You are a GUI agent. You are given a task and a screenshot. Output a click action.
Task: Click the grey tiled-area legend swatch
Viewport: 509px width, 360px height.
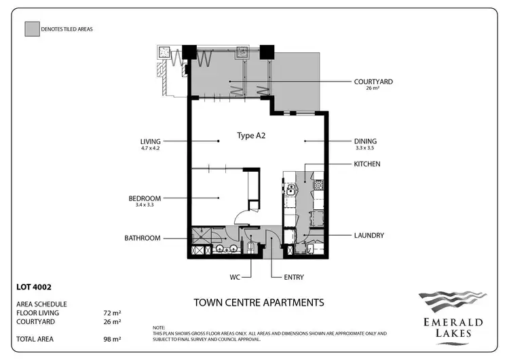pyautogui.click(x=31, y=29)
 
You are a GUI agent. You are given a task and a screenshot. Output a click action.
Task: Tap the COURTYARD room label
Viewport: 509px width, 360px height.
pyautogui.click(x=373, y=82)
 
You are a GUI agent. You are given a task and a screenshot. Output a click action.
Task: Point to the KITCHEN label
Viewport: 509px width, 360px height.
pyautogui.click(x=367, y=164)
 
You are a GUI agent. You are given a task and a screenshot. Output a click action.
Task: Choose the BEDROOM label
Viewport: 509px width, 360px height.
pyautogui.click(x=145, y=198)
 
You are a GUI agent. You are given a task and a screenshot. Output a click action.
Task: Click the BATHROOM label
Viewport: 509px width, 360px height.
pyautogui.click(x=142, y=238)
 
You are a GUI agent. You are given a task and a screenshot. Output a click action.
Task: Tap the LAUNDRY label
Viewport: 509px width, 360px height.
pyautogui.click(x=369, y=236)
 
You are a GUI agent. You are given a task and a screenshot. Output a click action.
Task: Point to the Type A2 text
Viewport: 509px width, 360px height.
pyautogui.click(x=250, y=135)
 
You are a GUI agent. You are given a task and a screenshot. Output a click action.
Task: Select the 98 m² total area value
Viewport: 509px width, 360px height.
pyautogui.click(x=111, y=338)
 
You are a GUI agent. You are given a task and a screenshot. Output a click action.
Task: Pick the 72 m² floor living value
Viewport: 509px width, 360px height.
pyautogui.click(x=111, y=313)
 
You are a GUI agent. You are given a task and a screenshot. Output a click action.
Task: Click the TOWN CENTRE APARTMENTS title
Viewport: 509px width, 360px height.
pyautogui.click(x=259, y=302)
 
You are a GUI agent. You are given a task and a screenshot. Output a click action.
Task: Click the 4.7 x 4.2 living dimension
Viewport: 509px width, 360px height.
pyautogui.click(x=150, y=148)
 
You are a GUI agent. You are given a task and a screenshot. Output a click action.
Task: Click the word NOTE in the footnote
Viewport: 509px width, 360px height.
pyautogui.click(x=159, y=327)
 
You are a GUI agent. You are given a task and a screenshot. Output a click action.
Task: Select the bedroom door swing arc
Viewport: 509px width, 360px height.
pyautogui.click(x=240, y=217)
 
